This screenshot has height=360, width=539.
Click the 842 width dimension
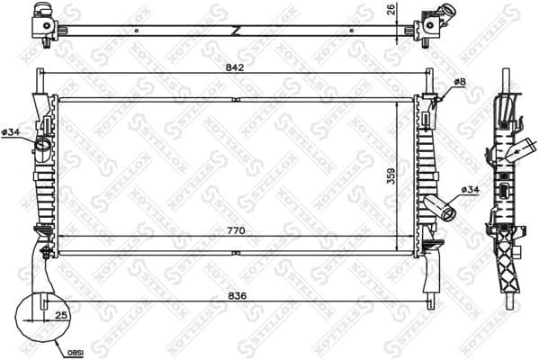tap(235, 65)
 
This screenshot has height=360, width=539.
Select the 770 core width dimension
tap(235, 231)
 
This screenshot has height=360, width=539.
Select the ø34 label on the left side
tap(12, 133)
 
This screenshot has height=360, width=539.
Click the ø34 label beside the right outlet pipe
tap(469, 189)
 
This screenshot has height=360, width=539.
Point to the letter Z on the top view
tap(236, 30)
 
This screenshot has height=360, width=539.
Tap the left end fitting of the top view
tap(45, 20)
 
